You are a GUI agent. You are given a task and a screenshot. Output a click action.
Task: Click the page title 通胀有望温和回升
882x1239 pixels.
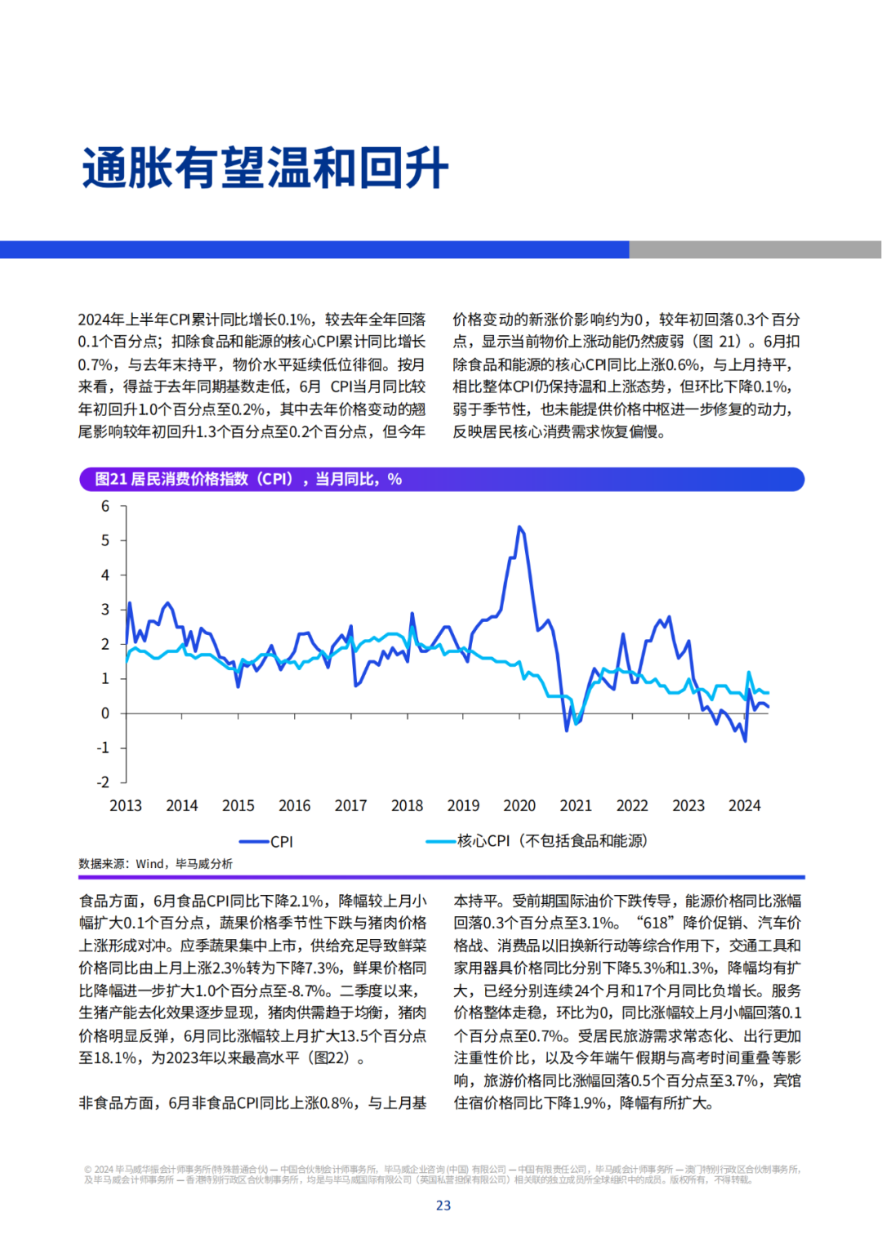265,168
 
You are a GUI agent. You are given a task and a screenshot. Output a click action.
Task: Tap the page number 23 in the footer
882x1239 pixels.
443,1205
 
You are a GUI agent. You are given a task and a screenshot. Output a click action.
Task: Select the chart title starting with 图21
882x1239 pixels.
248,479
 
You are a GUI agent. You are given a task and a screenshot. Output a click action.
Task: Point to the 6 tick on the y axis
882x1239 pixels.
105,506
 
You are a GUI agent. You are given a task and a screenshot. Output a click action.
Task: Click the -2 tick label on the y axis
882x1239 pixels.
104,782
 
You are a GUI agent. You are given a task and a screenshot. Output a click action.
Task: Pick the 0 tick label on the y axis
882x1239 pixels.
105,713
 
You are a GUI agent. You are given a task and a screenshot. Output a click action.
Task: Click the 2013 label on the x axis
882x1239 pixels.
126,805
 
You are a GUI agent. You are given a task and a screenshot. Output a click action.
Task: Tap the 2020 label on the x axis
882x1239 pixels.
519,805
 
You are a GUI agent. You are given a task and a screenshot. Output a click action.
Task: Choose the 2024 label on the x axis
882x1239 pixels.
745,805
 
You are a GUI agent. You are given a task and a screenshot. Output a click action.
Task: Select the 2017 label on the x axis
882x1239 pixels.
350,805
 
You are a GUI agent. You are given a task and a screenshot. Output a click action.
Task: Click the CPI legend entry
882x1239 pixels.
265,842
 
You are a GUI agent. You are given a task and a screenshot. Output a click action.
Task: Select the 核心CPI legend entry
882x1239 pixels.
537,841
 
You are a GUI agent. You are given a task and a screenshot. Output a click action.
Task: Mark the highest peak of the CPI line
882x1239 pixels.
519,527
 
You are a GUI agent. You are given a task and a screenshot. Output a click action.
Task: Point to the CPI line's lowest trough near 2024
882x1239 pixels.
745,740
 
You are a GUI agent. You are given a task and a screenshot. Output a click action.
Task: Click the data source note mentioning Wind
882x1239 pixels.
155,864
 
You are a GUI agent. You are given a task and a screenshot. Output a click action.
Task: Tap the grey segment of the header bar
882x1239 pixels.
755,249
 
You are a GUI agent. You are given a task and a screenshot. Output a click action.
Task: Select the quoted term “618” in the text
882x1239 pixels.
657,923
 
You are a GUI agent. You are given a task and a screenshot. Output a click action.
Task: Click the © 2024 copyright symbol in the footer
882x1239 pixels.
87,1170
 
